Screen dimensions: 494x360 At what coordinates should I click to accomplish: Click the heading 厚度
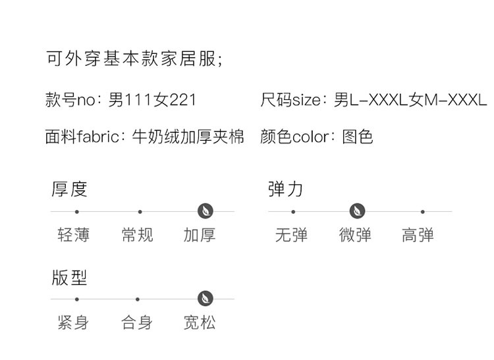click(x=70, y=189)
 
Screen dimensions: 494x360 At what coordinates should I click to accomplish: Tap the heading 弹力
click(x=286, y=189)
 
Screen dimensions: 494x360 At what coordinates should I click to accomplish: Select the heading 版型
click(x=70, y=277)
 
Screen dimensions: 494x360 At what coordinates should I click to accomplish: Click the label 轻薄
click(x=74, y=234)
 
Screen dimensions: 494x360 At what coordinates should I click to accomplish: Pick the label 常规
click(x=138, y=234)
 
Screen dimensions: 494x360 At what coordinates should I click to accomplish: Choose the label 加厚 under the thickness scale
click(x=200, y=234)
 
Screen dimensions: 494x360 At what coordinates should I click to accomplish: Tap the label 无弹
click(x=291, y=234)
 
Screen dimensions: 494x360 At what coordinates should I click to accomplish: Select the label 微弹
click(x=355, y=234)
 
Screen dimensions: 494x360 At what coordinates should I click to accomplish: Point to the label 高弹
click(x=418, y=234)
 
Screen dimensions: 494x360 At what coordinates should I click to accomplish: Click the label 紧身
click(x=74, y=322)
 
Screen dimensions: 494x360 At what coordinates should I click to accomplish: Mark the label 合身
click(x=138, y=322)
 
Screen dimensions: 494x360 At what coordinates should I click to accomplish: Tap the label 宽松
click(x=200, y=322)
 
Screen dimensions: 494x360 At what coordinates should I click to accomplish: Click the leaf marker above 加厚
click(x=206, y=211)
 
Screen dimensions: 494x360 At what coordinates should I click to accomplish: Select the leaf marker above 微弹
click(x=358, y=211)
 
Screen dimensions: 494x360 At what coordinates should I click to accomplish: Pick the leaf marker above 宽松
click(x=206, y=299)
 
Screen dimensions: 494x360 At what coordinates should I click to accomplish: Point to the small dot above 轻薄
click(x=77, y=212)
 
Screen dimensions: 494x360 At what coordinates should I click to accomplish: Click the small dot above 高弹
click(x=422, y=212)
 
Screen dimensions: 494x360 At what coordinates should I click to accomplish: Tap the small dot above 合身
click(x=138, y=299)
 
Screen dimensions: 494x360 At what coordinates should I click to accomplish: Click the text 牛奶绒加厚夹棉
click(x=188, y=136)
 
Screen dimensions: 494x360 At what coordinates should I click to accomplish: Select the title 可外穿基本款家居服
click(x=134, y=59)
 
